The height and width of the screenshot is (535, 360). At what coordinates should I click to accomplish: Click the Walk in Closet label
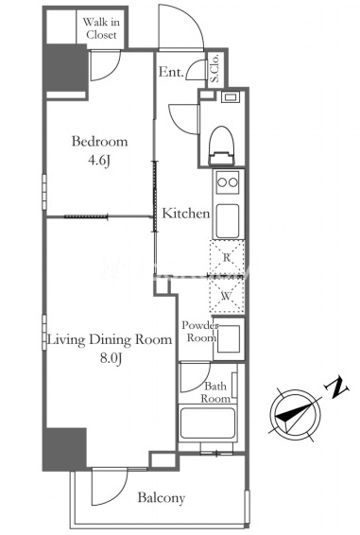click(101, 28)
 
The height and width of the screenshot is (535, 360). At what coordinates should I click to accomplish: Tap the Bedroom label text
click(99, 141)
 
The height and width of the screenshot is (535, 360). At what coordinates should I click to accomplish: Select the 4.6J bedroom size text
click(99, 161)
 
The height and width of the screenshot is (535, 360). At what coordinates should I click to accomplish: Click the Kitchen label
click(185, 214)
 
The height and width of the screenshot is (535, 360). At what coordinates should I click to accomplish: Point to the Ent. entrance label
click(171, 72)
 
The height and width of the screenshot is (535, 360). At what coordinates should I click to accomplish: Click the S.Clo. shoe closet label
click(215, 69)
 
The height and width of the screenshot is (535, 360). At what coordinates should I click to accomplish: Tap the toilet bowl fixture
click(222, 146)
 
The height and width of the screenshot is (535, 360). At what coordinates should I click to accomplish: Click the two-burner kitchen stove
click(228, 182)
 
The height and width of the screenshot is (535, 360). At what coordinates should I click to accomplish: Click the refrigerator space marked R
click(227, 258)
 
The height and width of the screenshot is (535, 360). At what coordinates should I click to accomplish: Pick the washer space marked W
click(227, 296)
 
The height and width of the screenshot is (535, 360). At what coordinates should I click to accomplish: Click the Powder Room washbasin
click(229, 338)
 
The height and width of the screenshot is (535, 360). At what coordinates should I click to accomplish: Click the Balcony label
click(162, 498)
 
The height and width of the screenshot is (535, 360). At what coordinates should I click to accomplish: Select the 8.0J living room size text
click(111, 358)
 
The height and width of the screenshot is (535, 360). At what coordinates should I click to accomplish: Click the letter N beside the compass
click(336, 387)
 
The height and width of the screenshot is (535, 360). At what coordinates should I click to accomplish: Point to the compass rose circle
click(295, 415)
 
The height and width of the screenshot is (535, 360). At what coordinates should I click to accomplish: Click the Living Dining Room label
click(110, 340)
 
